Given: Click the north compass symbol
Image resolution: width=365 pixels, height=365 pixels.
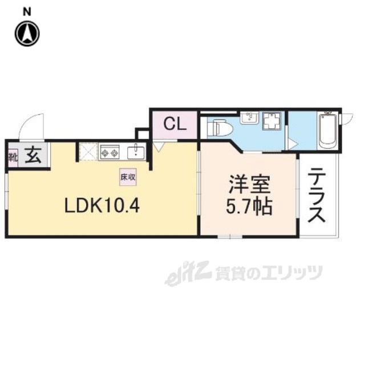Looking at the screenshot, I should point(27,34).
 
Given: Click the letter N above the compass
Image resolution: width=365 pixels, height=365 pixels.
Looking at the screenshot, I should point(27,11).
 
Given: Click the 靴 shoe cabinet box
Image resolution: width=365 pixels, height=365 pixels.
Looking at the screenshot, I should point(13,156).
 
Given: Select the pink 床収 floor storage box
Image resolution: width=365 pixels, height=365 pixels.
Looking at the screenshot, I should point(128,177).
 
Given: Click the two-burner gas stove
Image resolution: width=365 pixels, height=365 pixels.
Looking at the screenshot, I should point(109,152).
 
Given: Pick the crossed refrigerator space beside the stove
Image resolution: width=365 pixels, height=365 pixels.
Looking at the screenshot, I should point(88,152).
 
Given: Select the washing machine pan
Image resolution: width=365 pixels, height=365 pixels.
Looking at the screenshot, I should point(271,121).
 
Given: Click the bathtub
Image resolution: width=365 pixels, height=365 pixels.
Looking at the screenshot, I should point(327,131).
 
